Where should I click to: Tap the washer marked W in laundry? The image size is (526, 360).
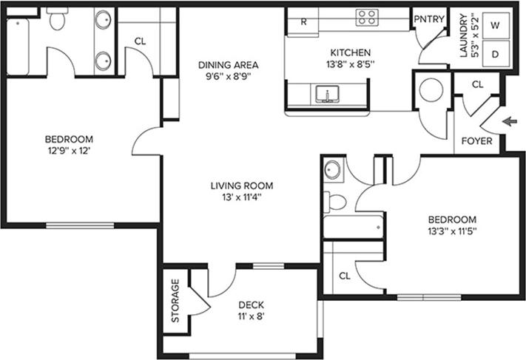pyautogui.click(x=495, y=25)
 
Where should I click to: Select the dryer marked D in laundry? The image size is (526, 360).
pyautogui.click(x=495, y=54)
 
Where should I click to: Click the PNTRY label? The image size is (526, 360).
pyautogui.click(x=428, y=19)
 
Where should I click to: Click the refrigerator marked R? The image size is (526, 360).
pyautogui.click(x=303, y=21)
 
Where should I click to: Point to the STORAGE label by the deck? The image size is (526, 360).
pyautogui.click(x=175, y=301)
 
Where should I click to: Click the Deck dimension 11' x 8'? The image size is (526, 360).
pyautogui.click(x=252, y=316)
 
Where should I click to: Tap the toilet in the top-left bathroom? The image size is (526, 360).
pyautogui.click(x=56, y=21)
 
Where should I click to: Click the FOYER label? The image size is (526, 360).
pyautogui.click(x=476, y=140)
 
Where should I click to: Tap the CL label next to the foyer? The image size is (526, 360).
pyautogui.click(x=477, y=84)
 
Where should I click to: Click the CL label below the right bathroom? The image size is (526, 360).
pyautogui.click(x=344, y=276)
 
